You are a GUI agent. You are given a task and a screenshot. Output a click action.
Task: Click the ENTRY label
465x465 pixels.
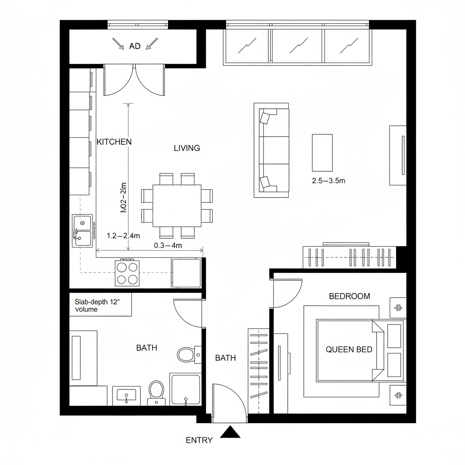(x=199, y=440)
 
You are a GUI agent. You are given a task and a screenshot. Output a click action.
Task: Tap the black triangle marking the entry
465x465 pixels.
(x=230, y=432)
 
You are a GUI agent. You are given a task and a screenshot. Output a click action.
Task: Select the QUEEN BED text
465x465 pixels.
(x=349, y=349)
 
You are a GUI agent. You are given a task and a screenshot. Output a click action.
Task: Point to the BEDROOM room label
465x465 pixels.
(x=349, y=296)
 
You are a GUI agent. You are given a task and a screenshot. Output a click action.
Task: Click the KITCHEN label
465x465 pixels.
(x=114, y=142)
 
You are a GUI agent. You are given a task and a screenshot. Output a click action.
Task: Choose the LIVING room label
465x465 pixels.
(x=187, y=148)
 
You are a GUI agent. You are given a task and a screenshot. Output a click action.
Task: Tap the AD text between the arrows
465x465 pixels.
(x=135, y=46)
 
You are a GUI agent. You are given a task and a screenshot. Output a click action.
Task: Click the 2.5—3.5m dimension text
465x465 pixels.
(x=329, y=180)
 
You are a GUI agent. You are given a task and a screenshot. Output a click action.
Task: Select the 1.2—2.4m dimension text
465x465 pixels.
(x=123, y=235)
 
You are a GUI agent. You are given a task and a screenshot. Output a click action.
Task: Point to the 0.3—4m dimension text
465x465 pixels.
(x=168, y=246)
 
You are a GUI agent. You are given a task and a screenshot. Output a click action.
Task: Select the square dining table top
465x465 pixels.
(x=177, y=206)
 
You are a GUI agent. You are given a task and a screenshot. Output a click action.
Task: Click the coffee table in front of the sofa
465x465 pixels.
(x=322, y=153)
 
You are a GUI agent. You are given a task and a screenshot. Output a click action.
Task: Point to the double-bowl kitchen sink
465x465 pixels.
(x=82, y=230)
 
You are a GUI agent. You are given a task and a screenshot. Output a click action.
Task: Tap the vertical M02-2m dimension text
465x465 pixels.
(x=123, y=198)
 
